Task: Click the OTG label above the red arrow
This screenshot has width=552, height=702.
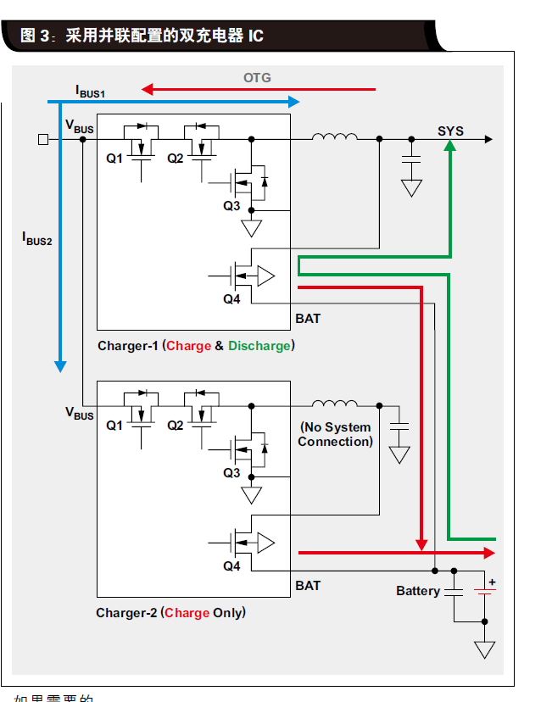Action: (257, 78)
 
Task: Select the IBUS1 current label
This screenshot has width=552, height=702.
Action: (90, 90)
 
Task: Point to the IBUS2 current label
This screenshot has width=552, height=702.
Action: (37, 238)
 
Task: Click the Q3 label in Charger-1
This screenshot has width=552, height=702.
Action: (231, 206)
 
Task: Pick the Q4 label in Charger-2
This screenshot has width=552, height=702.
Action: (231, 566)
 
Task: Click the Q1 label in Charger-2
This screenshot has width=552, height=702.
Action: (114, 426)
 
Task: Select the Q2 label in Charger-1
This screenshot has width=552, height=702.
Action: (176, 159)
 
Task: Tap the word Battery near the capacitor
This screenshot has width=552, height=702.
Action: (418, 591)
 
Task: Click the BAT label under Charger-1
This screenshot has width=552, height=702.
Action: (308, 319)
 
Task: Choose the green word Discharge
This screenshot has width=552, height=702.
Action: (259, 346)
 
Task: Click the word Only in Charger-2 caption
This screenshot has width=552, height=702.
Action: (227, 613)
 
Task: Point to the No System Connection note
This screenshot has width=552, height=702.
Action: (336, 435)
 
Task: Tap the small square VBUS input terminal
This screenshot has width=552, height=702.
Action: (43, 139)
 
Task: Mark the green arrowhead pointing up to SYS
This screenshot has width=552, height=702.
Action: (450, 147)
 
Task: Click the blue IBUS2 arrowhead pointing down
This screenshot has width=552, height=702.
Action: (60, 366)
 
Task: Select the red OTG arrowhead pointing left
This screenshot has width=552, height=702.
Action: (147, 88)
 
